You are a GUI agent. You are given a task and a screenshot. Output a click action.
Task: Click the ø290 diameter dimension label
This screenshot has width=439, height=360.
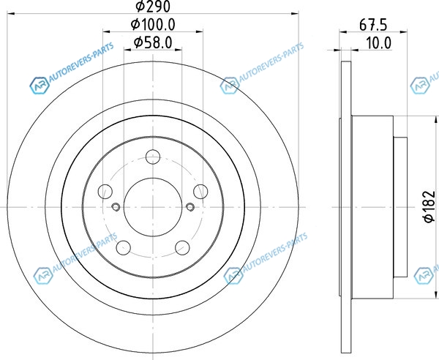153,6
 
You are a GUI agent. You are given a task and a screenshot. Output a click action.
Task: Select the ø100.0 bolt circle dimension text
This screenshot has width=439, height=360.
153,24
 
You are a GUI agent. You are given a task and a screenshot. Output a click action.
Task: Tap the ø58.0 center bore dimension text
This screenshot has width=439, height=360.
153,42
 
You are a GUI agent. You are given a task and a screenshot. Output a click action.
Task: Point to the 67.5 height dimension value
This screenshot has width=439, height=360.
373,25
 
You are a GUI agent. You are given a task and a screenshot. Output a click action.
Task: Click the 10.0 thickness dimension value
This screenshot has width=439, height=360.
378,43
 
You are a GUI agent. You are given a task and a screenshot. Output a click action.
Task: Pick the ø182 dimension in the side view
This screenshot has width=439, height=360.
429,206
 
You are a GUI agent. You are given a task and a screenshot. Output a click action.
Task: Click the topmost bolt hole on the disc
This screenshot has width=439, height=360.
153,157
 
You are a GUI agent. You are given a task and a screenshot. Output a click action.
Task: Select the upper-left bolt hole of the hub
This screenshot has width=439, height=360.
105,192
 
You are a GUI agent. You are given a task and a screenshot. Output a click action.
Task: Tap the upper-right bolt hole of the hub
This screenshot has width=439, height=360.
200,192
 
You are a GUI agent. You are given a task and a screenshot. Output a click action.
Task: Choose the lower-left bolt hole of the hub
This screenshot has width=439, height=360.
124,248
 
